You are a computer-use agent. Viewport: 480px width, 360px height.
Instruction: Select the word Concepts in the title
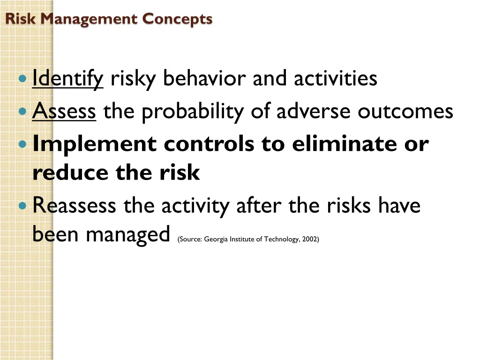[177, 19]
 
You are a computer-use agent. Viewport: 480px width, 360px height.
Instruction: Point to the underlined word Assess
[64, 112]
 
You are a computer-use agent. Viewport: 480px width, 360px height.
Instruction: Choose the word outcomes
[405, 112]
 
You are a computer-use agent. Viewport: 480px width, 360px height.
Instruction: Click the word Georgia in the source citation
[216, 240]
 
